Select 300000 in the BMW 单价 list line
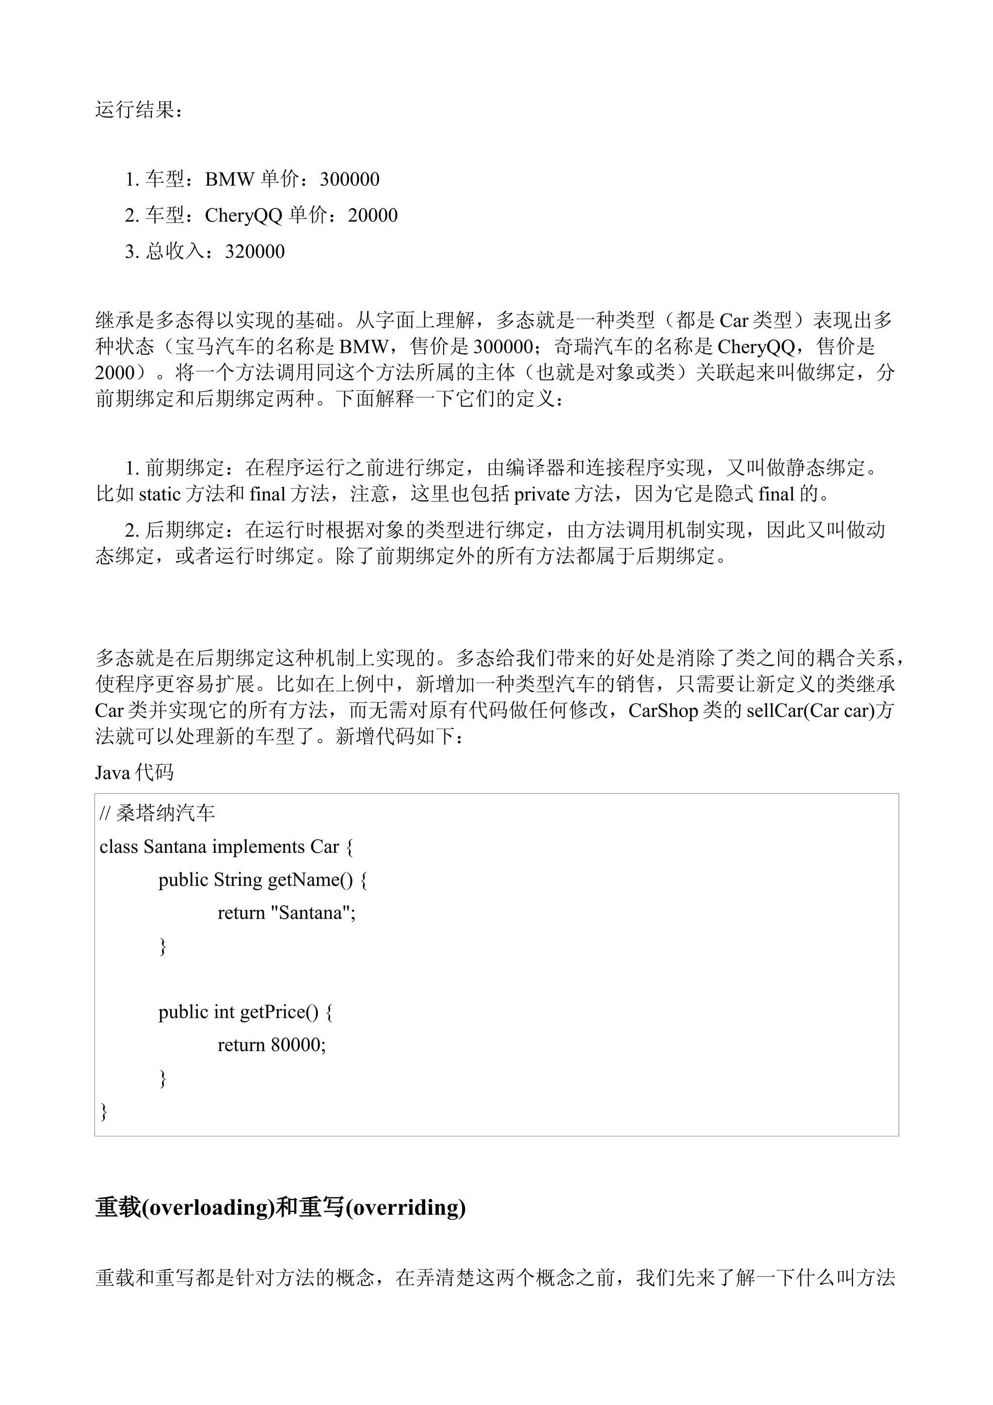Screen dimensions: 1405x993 coord(350,179)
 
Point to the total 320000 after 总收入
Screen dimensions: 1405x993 coord(255,252)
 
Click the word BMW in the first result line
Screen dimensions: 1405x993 coord(229,179)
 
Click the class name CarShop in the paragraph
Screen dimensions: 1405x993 coord(663,710)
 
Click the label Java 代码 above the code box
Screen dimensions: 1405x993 coord(134,772)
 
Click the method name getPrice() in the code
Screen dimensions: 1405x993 coord(279,1012)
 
